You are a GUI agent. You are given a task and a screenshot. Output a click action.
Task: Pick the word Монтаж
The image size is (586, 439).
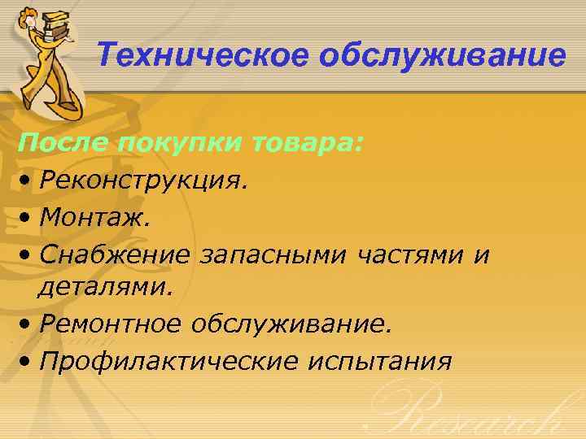(94, 217)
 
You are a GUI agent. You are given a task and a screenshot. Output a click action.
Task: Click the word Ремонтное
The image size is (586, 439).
(113, 325)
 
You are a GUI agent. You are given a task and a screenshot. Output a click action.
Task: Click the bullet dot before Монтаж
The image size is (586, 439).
(28, 218)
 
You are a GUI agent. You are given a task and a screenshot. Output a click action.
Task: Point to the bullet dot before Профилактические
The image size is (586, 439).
(28, 362)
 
